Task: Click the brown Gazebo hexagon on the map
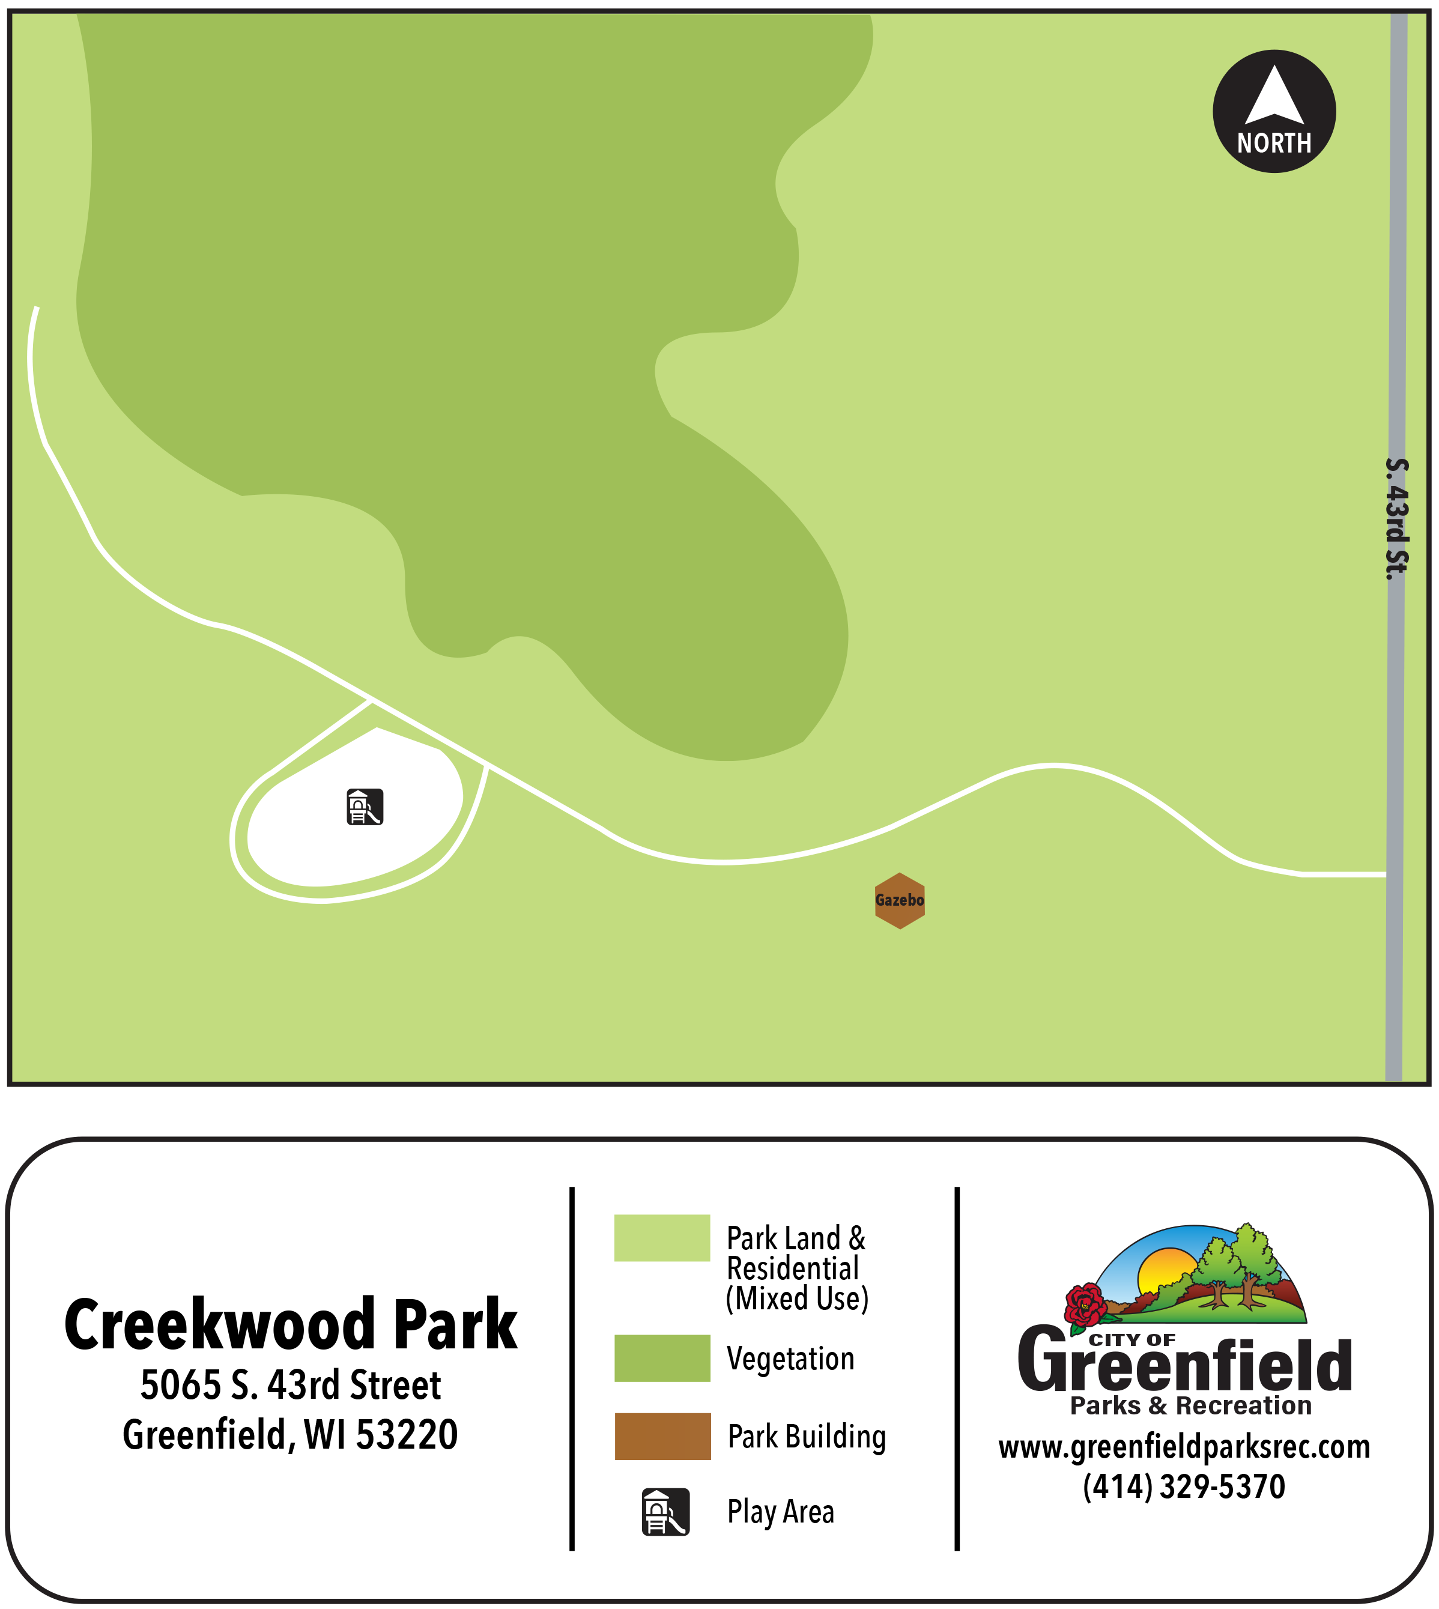pyautogui.click(x=899, y=900)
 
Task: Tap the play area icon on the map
pyautogui.click(x=365, y=807)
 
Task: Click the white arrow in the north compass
pyautogui.click(x=1274, y=97)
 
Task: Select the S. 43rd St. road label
pyautogui.click(x=1397, y=519)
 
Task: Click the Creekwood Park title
pyautogui.click(x=290, y=1326)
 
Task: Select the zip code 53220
pyautogui.click(x=407, y=1435)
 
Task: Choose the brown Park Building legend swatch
pyautogui.click(x=662, y=1436)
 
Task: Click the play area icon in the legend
pyautogui.click(x=665, y=1512)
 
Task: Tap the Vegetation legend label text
pyautogui.click(x=790, y=1359)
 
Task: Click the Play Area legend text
pyautogui.click(x=780, y=1512)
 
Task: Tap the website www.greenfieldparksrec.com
pyautogui.click(x=1184, y=1447)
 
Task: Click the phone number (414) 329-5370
pyautogui.click(x=1184, y=1487)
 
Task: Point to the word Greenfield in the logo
pyautogui.click(x=1184, y=1366)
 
